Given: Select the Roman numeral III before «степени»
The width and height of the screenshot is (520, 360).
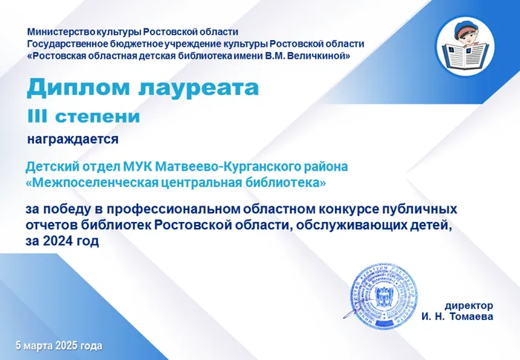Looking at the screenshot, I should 39,117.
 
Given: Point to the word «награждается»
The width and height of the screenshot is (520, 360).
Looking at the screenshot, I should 73,138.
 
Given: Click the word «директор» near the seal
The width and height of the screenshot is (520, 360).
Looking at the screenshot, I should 469,305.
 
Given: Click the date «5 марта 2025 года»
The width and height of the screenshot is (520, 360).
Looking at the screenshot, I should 59,346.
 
